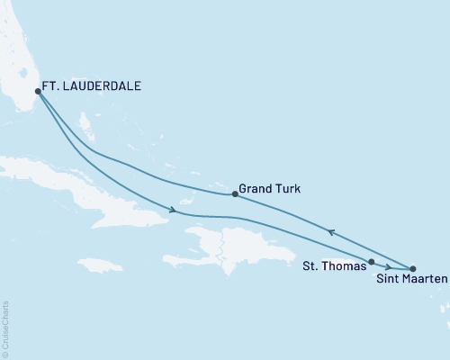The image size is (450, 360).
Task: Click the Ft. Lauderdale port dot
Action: pyautogui.click(x=37, y=91)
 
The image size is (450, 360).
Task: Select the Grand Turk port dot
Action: pyautogui.click(x=234, y=193)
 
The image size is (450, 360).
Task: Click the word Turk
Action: pyautogui.click(x=289, y=190)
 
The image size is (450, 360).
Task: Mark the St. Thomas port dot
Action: pyautogui.click(x=371, y=262)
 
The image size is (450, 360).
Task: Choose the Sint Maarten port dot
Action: pyautogui.click(x=412, y=269)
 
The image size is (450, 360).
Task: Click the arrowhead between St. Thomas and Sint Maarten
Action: pyautogui.click(x=387, y=266)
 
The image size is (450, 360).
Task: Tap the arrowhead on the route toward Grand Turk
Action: pyautogui.click(x=330, y=232)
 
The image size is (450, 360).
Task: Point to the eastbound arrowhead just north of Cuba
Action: pyautogui.click(x=171, y=211)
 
